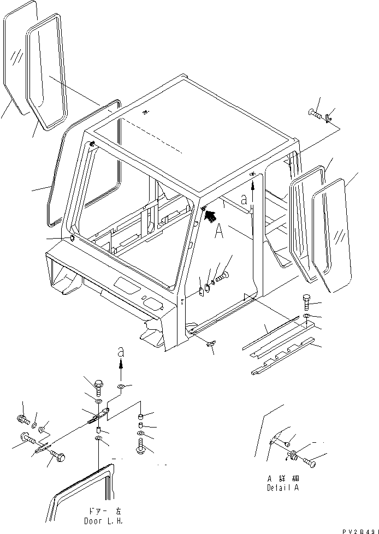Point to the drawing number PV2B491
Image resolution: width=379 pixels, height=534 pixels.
[x=359, y=530]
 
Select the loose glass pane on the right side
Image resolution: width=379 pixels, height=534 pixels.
[x=333, y=235]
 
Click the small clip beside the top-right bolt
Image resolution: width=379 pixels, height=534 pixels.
[x=327, y=117]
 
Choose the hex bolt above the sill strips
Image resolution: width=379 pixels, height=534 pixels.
[x=306, y=302]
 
